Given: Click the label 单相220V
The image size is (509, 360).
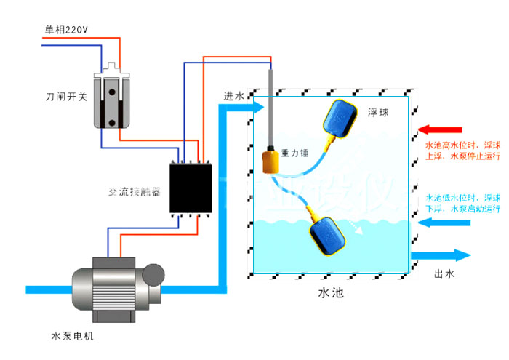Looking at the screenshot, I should [x=66, y=30].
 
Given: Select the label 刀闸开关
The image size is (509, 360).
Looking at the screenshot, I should [x=65, y=95].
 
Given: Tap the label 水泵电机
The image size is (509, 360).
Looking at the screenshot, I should [x=72, y=337].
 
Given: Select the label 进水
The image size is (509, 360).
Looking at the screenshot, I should [x=234, y=96].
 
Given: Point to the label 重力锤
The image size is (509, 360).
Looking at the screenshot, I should [x=296, y=154].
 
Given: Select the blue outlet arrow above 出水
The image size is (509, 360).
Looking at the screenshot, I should [x=443, y=255].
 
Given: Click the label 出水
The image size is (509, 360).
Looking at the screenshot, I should [x=444, y=274].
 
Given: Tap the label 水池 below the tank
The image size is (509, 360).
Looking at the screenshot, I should [x=330, y=295].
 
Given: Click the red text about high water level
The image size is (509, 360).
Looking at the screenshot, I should [x=462, y=150].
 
